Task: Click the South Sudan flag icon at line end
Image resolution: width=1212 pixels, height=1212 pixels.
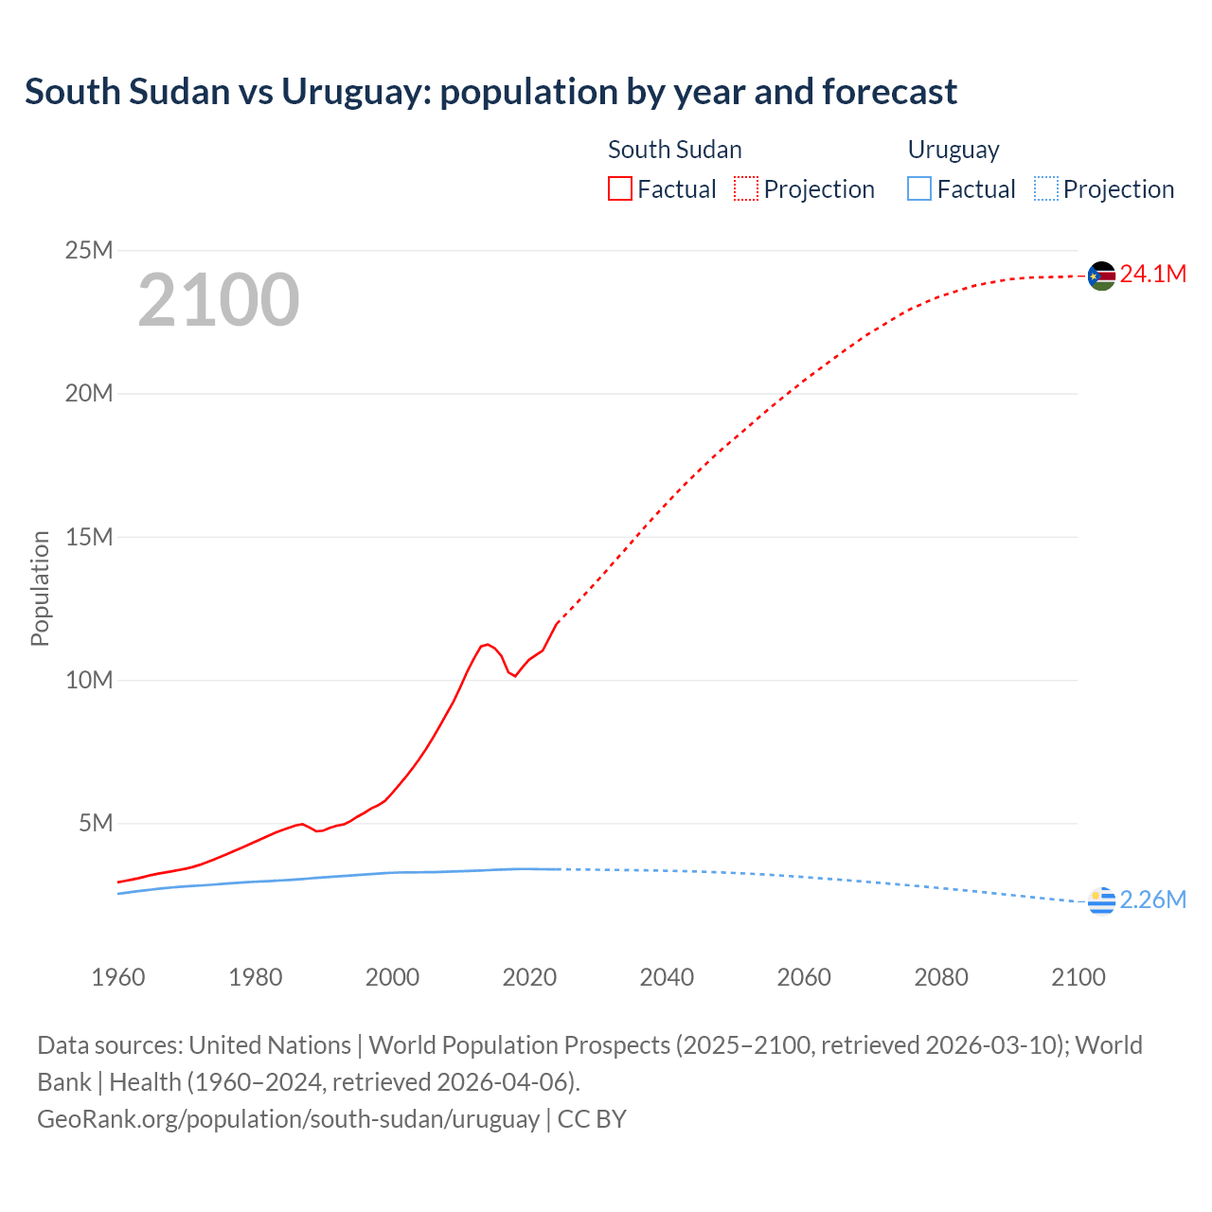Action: [1101, 276]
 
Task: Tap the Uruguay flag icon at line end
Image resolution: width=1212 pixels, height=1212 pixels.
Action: [1101, 901]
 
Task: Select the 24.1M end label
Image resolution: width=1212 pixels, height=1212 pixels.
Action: [1152, 275]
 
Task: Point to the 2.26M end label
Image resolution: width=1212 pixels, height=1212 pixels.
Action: [1152, 900]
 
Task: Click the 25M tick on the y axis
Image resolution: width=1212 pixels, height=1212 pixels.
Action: [89, 251]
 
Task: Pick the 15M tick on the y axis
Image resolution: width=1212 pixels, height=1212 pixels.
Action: [89, 538]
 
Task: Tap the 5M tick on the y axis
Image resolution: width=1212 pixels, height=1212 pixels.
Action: [96, 824]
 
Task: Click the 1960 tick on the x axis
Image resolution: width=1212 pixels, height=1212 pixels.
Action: [118, 978]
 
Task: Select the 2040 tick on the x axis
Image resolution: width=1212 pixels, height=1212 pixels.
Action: [667, 978]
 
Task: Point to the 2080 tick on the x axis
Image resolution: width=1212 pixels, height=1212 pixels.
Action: [941, 978]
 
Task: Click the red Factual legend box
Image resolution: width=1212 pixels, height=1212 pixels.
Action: [620, 189]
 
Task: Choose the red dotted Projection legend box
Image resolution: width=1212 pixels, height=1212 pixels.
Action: [746, 189]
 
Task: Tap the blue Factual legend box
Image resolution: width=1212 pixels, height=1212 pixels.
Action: [919, 189]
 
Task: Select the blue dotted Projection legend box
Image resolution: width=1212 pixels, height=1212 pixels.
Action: [1046, 189]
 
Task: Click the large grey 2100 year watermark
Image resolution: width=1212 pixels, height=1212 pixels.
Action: [219, 301]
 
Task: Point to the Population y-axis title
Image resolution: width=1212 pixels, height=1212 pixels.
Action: [40, 588]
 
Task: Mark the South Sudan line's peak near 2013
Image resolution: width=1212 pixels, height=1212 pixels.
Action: [487, 645]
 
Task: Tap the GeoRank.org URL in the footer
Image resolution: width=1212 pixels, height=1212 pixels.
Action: [288, 1119]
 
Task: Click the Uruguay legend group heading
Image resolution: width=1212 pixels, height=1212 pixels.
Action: [954, 151]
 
